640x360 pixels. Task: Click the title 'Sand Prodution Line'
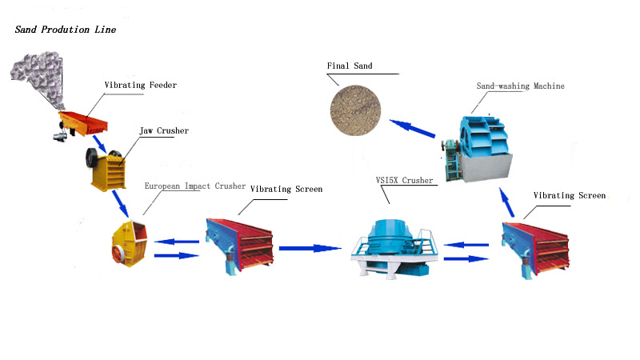tap(66, 30)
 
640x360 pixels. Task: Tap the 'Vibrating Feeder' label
tap(140, 85)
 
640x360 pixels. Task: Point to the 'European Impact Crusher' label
tap(194, 186)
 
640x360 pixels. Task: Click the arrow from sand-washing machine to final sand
tap(412, 129)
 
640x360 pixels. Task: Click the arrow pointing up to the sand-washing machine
tap(506, 202)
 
